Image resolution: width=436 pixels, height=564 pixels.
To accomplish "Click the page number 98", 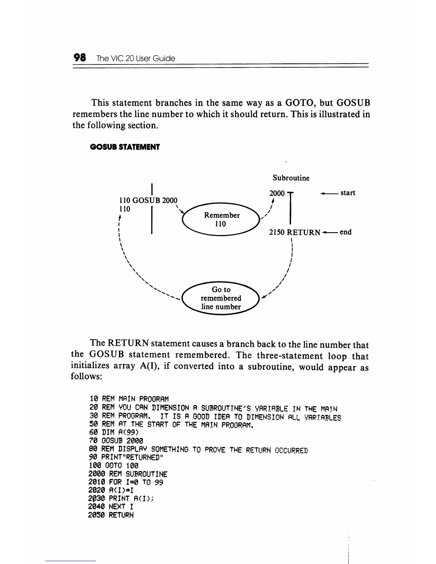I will click(80, 58).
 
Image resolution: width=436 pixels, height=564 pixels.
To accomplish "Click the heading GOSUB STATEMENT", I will click(125, 147).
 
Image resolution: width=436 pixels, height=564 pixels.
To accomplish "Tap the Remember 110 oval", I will click(222, 219).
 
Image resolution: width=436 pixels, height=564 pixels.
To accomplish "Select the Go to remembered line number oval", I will click(221, 298).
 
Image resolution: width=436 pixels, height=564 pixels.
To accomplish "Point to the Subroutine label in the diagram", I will click(291, 178).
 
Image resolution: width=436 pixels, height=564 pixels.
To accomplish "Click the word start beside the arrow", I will click(348, 193).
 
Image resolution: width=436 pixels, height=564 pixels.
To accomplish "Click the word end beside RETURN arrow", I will click(346, 232).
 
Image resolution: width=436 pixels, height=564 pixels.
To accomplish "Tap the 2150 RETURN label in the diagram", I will click(295, 233).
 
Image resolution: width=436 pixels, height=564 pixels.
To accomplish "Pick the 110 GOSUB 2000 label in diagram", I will click(148, 200).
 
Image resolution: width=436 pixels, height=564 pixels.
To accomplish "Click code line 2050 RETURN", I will click(111, 515).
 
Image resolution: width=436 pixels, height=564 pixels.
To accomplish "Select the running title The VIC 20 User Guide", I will click(136, 58).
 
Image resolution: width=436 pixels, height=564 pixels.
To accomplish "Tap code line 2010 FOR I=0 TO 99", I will click(126, 482).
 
